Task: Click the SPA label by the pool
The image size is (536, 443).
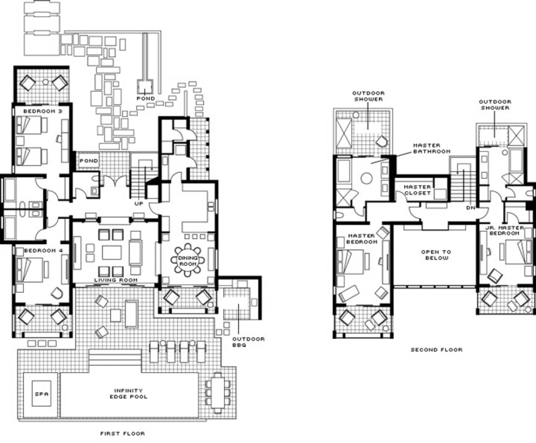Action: [x=41, y=394]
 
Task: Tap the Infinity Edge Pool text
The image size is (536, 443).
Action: [x=129, y=394]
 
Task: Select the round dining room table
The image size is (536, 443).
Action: [x=188, y=260]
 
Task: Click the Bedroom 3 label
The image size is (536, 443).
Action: [x=43, y=111]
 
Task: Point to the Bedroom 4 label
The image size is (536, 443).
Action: [x=43, y=250]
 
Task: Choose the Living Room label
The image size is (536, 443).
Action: [x=116, y=280]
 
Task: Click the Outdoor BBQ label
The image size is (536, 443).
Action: [x=248, y=342]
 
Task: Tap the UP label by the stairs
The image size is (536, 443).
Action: [x=139, y=203]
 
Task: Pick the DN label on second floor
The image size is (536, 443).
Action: [x=471, y=207]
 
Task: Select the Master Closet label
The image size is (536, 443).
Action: [x=417, y=190]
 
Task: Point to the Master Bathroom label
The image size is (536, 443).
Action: [x=432, y=148]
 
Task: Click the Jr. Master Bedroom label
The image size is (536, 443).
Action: [x=505, y=230]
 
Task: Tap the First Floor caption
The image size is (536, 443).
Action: [x=123, y=434]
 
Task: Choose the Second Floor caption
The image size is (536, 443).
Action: [x=437, y=349]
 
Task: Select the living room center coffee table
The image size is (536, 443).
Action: [x=112, y=253]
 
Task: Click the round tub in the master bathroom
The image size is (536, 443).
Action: [x=366, y=178]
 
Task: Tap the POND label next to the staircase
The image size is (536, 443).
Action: [x=89, y=161]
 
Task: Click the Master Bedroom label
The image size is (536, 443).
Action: [x=362, y=239]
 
